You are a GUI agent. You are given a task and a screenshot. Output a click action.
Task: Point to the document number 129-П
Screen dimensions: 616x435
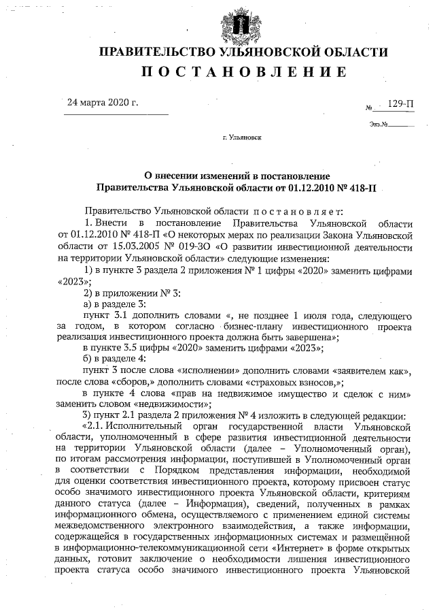(x=400, y=104)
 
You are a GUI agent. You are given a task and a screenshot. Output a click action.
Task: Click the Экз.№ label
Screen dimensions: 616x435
(x=379, y=125)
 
